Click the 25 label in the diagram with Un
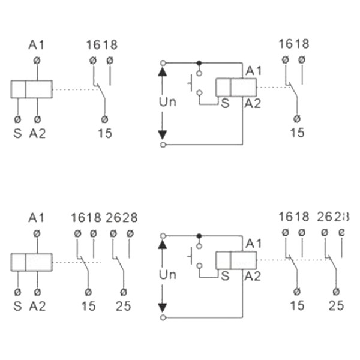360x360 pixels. coord(336,305)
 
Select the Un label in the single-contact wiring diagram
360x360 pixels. coord(167,102)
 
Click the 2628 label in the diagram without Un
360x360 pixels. coord(121,218)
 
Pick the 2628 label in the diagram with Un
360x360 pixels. coord(333,217)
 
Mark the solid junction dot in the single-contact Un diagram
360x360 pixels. coord(199,62)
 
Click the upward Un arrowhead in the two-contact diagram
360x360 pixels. coord(162,244)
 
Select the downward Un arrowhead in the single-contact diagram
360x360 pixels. coord(162,134)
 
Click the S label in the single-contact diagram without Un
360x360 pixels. coord(17,133)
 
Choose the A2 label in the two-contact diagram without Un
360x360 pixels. coord(37,306)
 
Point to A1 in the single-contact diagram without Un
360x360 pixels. coord(37,45)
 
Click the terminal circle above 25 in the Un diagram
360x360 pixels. coord(333,291)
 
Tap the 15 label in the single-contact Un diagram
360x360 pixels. coord(297,133)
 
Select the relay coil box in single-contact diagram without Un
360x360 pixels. coord(31,89)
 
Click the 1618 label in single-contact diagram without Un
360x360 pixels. coord(101,45)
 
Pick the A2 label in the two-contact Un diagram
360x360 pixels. coord(252,276)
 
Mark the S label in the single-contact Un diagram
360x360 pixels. coord(225,103)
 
